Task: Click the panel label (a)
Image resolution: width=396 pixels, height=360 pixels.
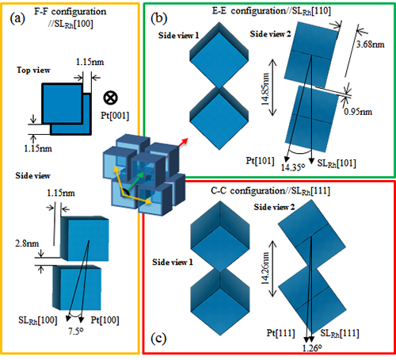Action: point(17,19)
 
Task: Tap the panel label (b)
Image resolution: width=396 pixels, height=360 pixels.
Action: point(158,18)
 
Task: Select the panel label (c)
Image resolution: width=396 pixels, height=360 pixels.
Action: point(158,339)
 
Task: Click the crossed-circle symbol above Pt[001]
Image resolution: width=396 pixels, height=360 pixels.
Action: point(110,98)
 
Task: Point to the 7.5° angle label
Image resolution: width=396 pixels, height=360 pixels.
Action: point(76,331)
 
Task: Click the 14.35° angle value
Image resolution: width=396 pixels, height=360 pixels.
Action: point(293,167)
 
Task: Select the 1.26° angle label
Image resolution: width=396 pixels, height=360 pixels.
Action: point(312,348)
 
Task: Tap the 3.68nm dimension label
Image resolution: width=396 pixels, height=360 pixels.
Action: point(370,44)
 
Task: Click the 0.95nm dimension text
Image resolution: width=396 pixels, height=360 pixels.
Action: point(358,112)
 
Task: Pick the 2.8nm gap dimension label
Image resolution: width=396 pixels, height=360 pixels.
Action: point(27,243)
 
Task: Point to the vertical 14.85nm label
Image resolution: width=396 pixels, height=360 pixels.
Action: point(265,89)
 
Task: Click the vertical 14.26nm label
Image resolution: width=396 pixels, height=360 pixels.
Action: point(265,268)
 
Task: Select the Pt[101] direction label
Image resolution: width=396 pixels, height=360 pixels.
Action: point(260,160)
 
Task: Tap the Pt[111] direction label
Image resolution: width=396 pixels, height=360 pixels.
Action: point(280,333)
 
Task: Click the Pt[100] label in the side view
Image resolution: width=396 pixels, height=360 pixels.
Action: point(105,320)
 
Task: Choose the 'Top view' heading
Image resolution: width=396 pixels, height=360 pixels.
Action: point(33,70)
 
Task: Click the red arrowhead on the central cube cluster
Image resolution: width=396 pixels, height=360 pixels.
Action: point(185,141)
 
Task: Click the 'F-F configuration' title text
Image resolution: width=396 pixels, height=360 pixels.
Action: point(70,12)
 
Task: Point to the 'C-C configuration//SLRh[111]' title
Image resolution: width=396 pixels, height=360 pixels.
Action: point(270,191)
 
